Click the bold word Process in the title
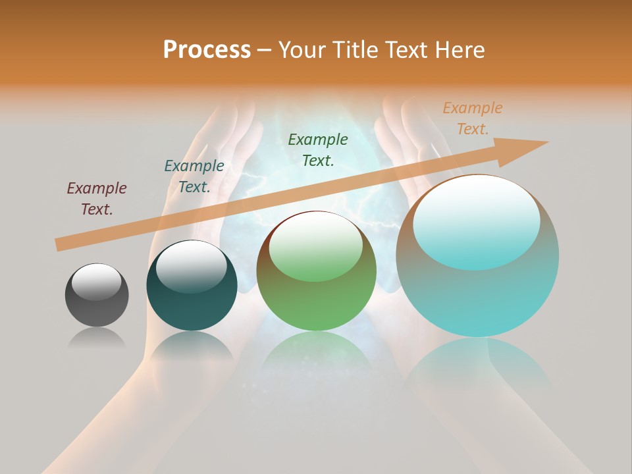point(207,50)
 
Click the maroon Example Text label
point(97,199)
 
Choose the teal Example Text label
point(194,176)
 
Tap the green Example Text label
point(318,149)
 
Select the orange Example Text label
point(472,118)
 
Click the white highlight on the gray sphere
point(96,281)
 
